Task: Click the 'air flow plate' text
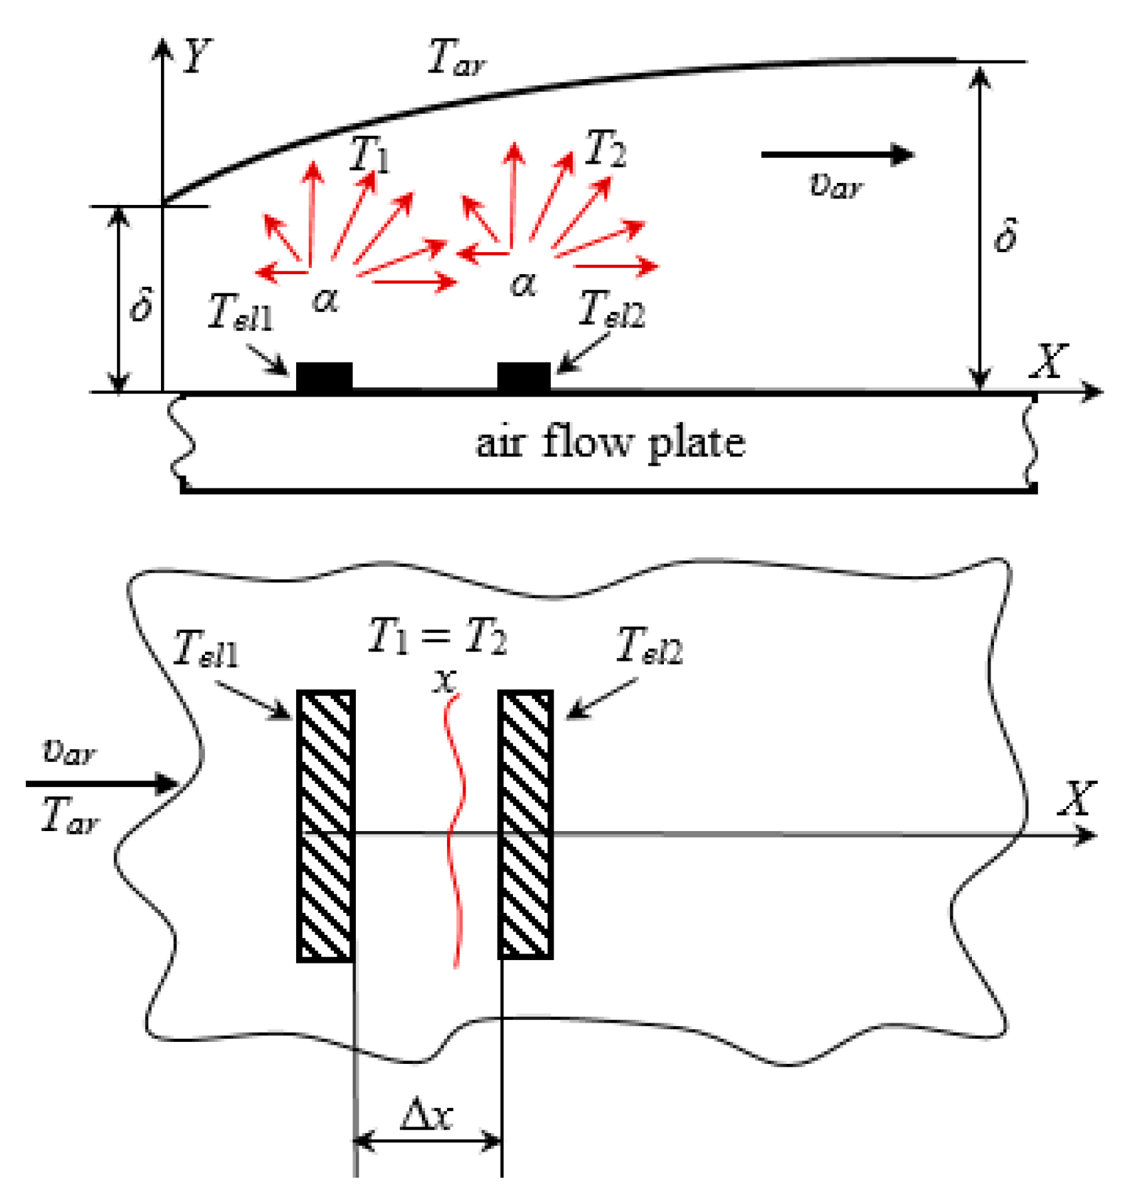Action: pos(610,442)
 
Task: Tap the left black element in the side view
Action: pos(324,377)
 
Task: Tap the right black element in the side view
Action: pos(524,377)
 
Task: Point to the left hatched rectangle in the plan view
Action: pos(325,825)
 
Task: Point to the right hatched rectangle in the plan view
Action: pos(526,825)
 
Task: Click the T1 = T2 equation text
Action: pos(437,637)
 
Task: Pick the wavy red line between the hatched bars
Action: pos(454,832)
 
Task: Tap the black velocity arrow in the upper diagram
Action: pos(838,154)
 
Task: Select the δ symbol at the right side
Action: pos(1005,236)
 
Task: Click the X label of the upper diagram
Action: pos(1048,361)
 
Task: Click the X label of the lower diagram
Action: pos(1076,798)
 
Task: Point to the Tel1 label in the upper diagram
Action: pos(240,312)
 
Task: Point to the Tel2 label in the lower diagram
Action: pos(649,645)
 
